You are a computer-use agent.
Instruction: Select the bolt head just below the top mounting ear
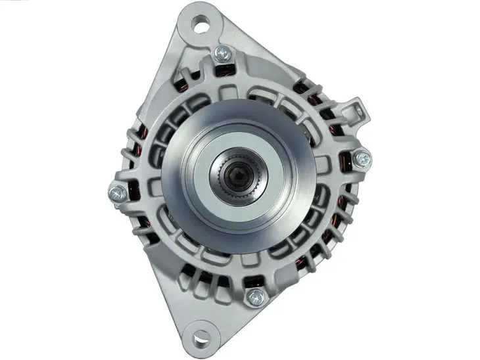click(224, 54)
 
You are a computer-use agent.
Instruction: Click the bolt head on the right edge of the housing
click(361, 158)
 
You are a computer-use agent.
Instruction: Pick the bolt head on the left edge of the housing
click(116, 192)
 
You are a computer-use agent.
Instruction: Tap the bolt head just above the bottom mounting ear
click(255, 296)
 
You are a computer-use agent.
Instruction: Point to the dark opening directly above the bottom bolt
click(252, 279)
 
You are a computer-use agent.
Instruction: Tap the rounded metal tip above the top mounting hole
click(201, 8)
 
